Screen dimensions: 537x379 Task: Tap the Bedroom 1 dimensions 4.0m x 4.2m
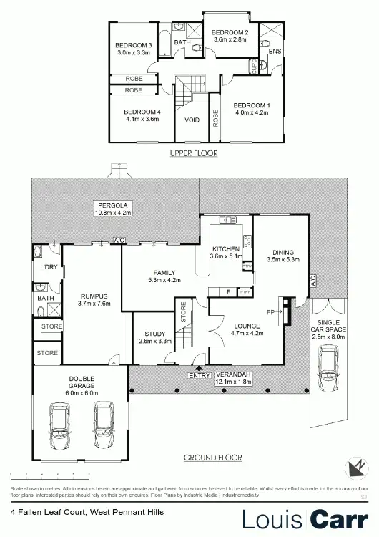pyautogui.click(x=250, y=112)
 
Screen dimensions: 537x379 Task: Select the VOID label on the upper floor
pyautogui.click(x=192, y=120)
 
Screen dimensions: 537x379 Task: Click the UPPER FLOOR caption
pyautogui.click(x=193, y=153)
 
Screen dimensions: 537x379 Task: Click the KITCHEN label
pyautogui.click(x=226, y=248)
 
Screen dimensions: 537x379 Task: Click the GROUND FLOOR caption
pyautogui.click(x=212, y=458)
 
